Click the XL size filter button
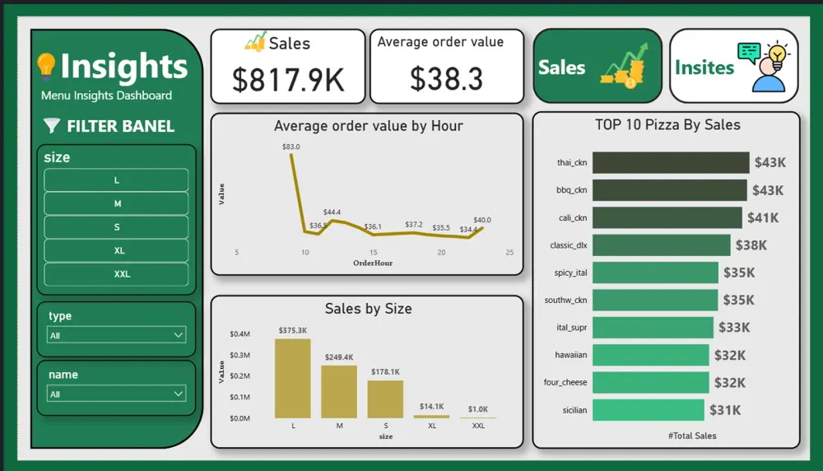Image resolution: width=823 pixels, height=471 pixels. coord(116,250)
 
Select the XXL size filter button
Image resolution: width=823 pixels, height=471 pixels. coord(116,274)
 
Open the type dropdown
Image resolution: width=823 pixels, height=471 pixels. coord(116,335)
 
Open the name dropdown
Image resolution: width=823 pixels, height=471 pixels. coord(116,394)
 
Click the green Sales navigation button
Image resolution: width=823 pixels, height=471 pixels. coord(597,67)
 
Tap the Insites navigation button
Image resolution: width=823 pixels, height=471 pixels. coord(733,67)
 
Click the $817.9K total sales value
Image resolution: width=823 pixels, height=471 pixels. coord(287,80)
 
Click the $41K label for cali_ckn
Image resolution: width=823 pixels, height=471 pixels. coord(763,218)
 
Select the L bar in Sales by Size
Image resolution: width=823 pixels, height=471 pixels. coord(293,379)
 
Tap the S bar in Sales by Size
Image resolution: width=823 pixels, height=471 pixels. coord(385,399)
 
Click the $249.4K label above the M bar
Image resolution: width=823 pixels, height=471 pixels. coord(339,357)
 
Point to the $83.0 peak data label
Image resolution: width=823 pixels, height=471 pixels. coord(291,147)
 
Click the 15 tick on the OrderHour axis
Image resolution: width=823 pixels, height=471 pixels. coord(374,253)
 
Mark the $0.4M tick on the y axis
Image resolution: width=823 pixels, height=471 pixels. coord(239,333)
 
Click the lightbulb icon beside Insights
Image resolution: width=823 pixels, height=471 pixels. coord(46,64)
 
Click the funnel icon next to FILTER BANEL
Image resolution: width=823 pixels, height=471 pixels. coord(52,126)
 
